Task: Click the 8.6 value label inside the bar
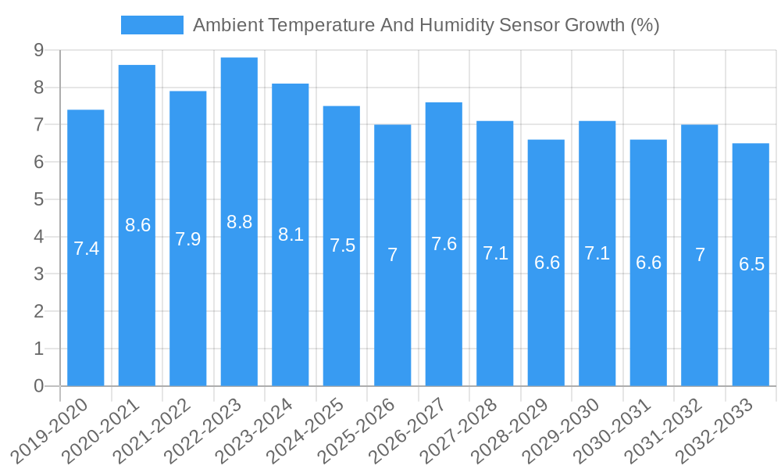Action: click(x=137, y=225)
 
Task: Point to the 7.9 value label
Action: click(x=188, y=239)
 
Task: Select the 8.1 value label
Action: click(x=291, y=234)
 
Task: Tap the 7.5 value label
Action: click(x=342, y=245)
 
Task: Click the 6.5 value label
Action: click(x=751, y=264)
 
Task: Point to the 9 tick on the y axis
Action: click(x=38, y=51)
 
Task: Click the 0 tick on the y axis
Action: click(x=38, y=386)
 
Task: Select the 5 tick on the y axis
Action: click(x=38, y=200)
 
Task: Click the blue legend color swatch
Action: click(x=152, y=25)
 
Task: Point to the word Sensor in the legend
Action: click(x=527, y=25)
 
